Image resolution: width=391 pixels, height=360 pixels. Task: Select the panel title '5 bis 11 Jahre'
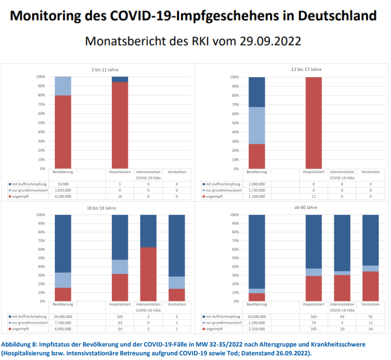98,69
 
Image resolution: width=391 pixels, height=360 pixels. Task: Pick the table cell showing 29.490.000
64,316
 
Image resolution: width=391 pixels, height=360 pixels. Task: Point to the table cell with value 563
313,316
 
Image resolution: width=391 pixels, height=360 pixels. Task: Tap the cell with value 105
120,316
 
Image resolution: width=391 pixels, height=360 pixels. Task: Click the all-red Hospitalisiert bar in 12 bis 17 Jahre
313,123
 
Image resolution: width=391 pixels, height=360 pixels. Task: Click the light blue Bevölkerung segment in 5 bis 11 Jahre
63,86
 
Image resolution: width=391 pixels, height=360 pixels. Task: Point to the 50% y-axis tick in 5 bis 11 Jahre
41,123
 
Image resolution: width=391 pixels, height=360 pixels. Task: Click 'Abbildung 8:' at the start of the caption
19,344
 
